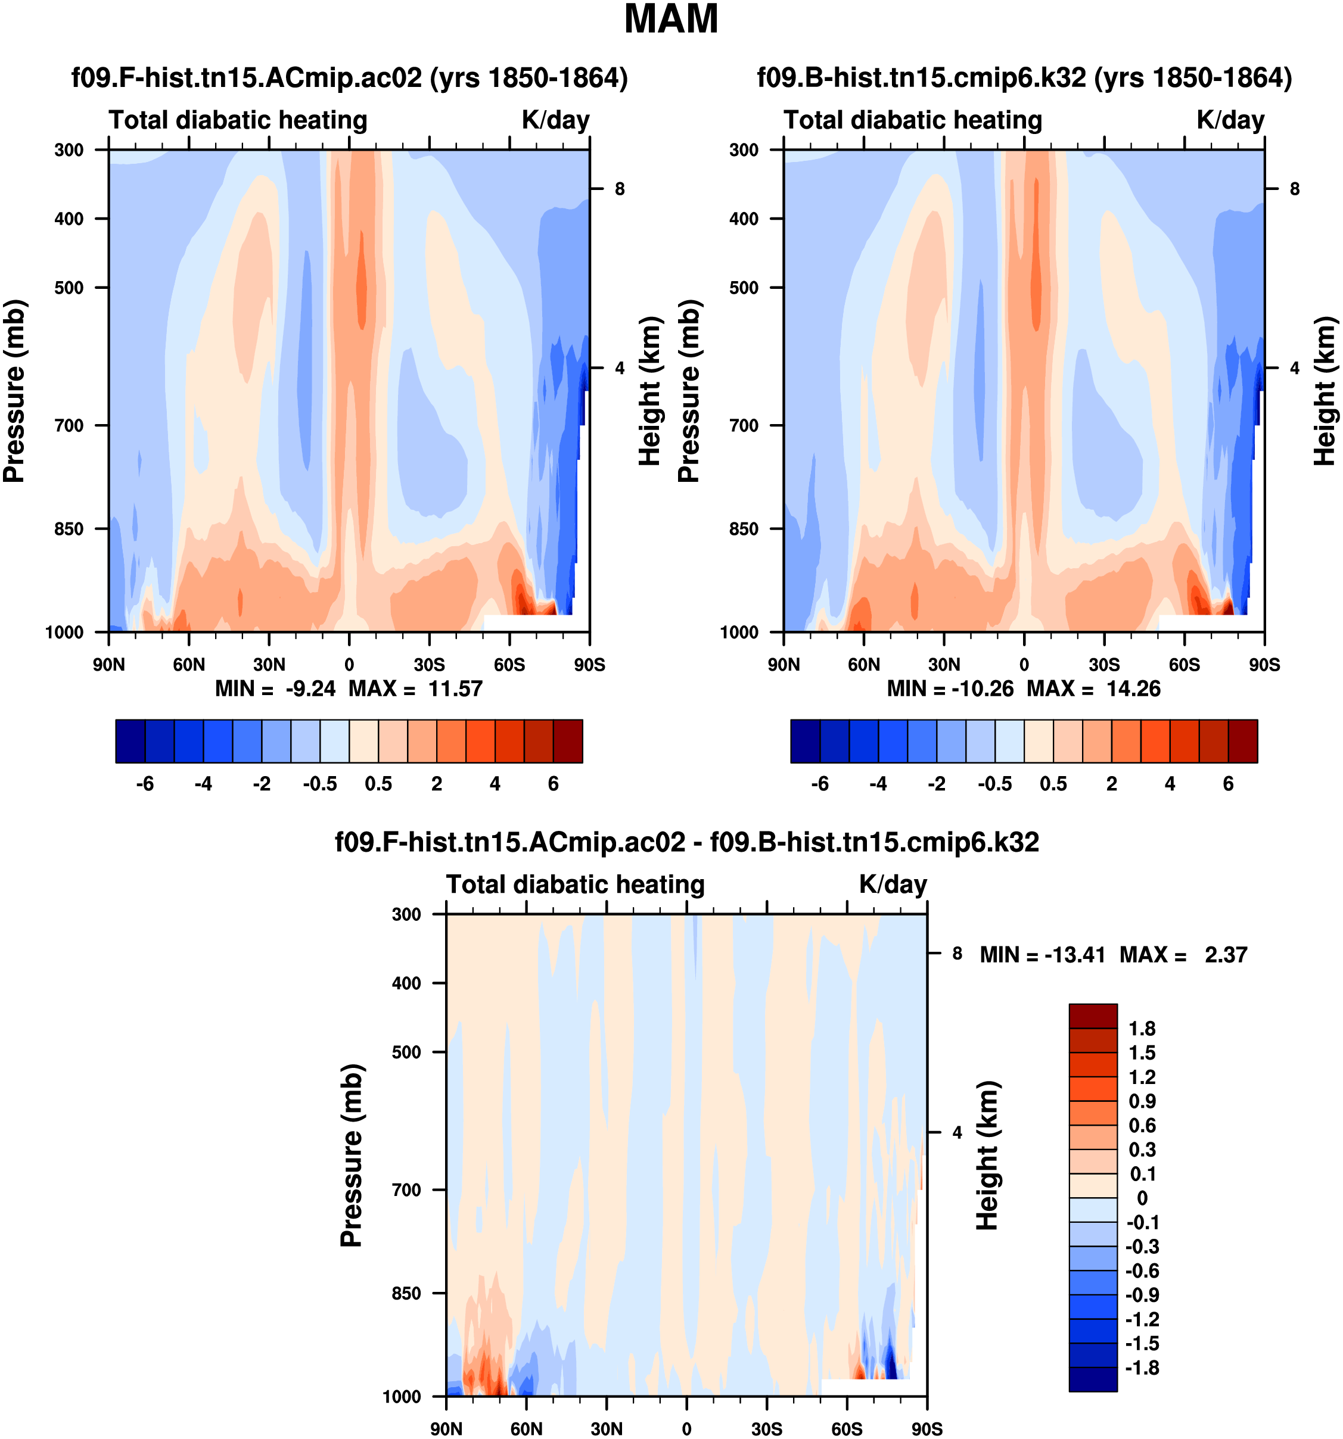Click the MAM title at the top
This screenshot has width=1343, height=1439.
[670, 20]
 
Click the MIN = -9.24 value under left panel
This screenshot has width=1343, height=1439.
[275, 689]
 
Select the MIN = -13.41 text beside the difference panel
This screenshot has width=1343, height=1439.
[1042, 955]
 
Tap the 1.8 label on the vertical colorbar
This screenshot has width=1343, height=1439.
[1142, 1029]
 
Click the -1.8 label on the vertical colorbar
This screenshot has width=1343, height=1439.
[1142, 1368]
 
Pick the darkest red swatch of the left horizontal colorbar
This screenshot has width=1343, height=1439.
[568, 741]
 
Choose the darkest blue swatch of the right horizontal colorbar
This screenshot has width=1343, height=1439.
[805, 741]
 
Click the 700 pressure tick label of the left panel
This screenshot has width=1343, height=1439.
[70, 426]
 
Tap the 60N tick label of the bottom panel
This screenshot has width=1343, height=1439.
[526, 1429]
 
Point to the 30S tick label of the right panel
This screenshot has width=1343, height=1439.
[1104, 665]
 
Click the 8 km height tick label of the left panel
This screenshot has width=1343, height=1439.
[620, 189]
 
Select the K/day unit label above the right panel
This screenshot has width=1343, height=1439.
[1230, 120]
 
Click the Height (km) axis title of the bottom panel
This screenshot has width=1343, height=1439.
[987, 1155]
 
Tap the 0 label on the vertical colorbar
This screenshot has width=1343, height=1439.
[1142, 1198]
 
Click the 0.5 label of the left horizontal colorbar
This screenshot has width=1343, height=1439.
[378, 784]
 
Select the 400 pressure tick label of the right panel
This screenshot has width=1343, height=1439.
[744, 219]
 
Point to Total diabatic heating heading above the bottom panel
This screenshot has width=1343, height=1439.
[575, 884]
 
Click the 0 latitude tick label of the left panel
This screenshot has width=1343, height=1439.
[349, 665]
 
